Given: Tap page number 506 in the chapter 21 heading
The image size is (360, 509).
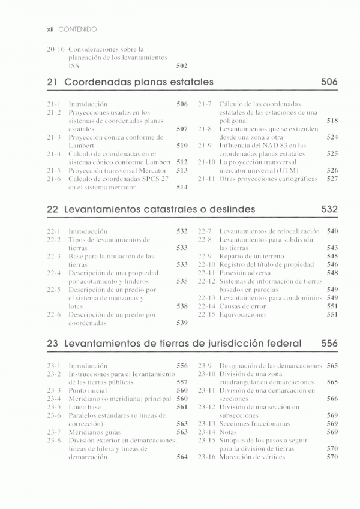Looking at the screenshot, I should pos(329,82).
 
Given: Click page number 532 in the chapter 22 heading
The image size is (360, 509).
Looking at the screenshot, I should pos(329,209).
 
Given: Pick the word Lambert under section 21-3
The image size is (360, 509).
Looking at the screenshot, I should pos(83,145).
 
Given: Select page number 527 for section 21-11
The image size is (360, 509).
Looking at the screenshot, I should pos(332,179).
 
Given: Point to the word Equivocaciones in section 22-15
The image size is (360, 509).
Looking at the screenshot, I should pos(244,314).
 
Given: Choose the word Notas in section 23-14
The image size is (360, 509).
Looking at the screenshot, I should pos(228,432).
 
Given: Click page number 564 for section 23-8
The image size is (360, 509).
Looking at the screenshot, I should pos(182,457).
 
